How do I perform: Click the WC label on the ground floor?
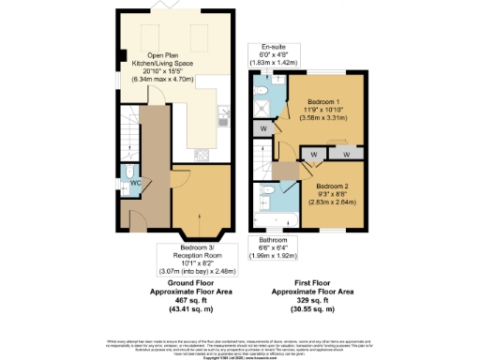(x=136, y=183)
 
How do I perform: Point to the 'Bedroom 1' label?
(x=323, y=100)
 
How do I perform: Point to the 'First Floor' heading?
(x=322, y=282)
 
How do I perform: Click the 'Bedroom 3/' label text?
(x=196, y=248)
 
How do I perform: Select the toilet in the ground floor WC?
(x=127, y=174)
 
